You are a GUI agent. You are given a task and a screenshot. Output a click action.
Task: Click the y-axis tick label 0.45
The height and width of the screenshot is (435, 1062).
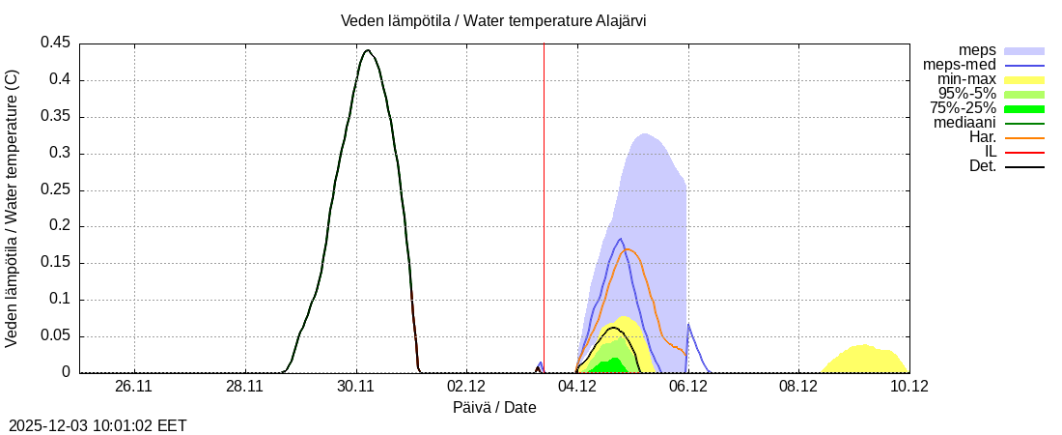tap(55, 43)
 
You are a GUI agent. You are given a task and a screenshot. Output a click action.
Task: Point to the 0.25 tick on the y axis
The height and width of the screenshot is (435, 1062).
tap(55, 189)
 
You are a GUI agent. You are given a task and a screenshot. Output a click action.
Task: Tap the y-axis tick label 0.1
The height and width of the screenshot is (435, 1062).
tap(60, 300)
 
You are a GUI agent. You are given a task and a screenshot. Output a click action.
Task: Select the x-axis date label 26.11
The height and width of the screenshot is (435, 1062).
tap(134, 386)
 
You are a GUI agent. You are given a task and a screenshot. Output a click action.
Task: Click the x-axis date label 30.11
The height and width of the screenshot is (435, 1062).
tap(356, 386)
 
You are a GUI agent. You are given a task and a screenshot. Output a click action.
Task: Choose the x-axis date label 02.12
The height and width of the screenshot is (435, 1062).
tap(467, 386)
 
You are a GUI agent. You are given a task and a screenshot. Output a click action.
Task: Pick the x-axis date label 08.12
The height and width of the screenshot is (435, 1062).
tap(799, 386)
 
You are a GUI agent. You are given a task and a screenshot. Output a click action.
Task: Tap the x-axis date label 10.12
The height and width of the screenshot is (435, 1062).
tap(909, 386)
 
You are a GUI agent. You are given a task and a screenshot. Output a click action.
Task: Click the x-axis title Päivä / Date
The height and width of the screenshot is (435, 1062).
tap(494, 407)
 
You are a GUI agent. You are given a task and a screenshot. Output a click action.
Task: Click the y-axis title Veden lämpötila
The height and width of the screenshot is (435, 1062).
tap(13, 208)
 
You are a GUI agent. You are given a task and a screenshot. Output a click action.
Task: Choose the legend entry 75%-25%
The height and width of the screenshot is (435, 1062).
tap(963, 108)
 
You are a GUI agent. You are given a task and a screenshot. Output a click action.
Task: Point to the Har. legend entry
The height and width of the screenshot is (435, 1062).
tap(981, 137)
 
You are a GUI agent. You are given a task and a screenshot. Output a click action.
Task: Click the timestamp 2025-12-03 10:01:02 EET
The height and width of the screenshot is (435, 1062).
tap(98, 425)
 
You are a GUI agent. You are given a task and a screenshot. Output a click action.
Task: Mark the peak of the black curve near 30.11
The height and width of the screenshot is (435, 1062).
tap(367, 50)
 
